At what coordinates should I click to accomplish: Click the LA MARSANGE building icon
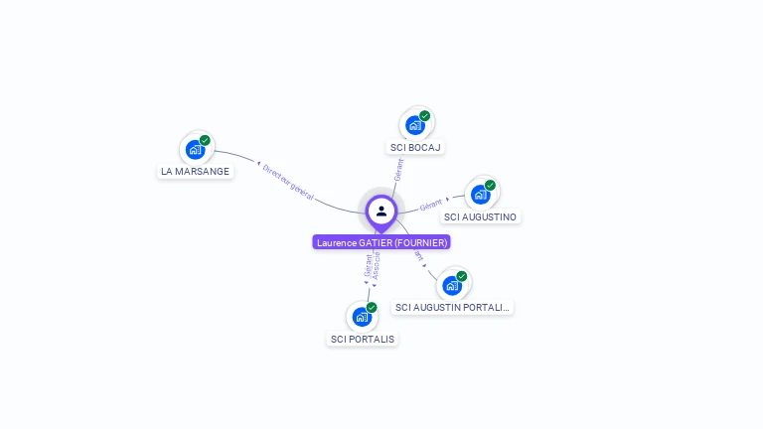[x=195, y=149]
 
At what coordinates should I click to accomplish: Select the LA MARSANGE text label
[x=196, y=171]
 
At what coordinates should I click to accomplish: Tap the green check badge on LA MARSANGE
[x=205, y=140]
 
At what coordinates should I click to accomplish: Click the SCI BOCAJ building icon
[x=415, y=125]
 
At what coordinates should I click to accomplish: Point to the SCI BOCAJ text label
[x=415, y=147]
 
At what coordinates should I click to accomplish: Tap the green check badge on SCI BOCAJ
[x=424, y=116]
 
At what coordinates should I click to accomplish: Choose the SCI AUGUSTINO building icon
[x=481, y=194]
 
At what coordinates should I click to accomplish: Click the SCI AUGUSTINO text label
[x=481, y=216]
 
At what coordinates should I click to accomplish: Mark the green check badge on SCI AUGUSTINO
[x=490, y=185]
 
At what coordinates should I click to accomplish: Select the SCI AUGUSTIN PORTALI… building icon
[x=452, y=285]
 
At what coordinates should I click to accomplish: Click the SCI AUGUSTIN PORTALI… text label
[x=452, y=308]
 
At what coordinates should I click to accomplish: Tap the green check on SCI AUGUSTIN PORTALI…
[x=462, y=276]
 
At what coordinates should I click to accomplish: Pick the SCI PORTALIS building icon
[x=362, y=317]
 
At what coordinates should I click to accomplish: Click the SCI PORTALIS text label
[x=362, y=339]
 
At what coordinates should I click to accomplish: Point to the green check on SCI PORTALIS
[x=372, y=308]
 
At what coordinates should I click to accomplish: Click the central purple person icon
[x=381, y=211]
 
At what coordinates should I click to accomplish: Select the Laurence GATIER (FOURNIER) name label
[x=381, y=242]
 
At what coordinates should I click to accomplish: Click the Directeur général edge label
[x=288, y=182]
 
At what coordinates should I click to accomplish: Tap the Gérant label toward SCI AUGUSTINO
[x=430, y=206]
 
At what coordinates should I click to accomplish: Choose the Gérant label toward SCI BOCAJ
[x=398, y=169]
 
